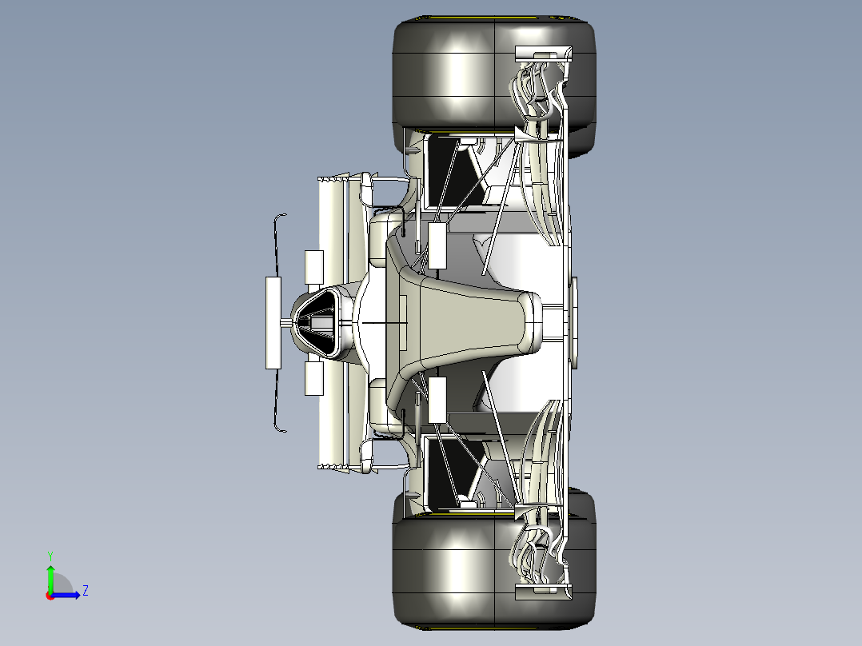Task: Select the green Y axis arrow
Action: [x=50, y=576]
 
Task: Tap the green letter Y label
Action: [x=50, y=555]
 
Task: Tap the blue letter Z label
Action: [x=85, y=592]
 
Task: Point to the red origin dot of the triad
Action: [x=50, y=595]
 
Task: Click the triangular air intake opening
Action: [x=319, y=322]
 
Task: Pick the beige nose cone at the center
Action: [x=472, y=322]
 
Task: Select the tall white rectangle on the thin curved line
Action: [x=274, y=322]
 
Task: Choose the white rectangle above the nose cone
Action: [x=437, y=245]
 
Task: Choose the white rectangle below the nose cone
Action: [x=437, y=400]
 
